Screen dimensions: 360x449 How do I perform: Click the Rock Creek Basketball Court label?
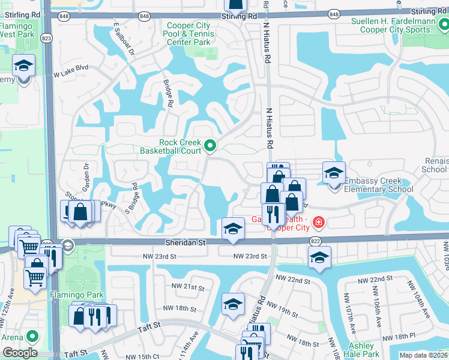click(179, 147)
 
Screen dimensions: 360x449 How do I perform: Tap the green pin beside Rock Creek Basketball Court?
click(210, 145)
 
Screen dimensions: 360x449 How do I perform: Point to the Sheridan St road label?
click(185, 243)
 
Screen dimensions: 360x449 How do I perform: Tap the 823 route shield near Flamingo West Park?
click(47, 38)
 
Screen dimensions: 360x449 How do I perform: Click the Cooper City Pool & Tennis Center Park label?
click(188, 34)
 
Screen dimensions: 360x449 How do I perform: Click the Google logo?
click(19, 353)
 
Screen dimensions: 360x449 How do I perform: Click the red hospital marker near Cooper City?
click(317, 223)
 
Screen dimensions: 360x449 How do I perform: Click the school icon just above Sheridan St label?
click(233, 229)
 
